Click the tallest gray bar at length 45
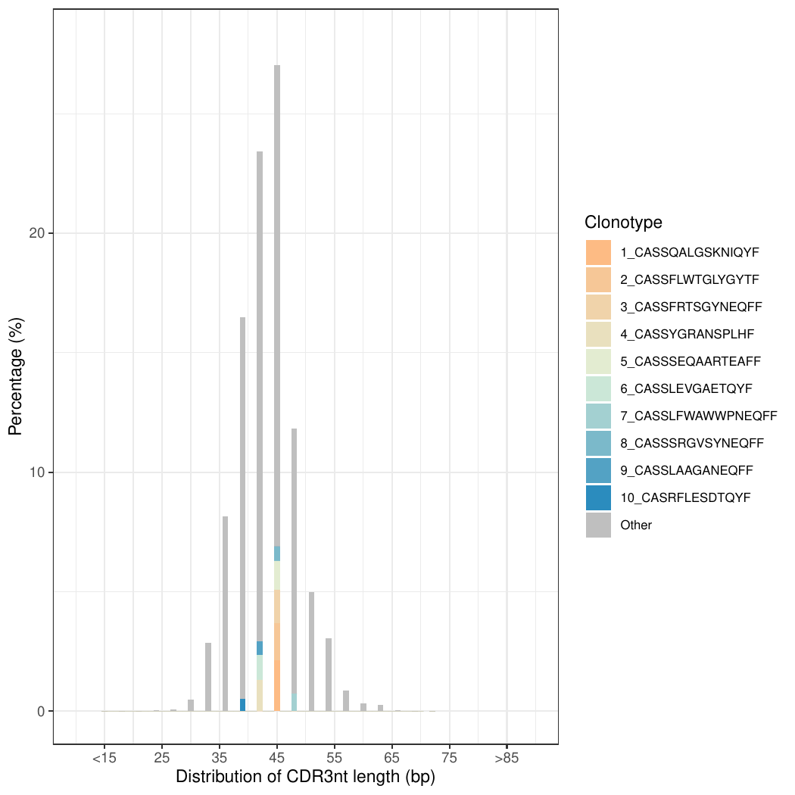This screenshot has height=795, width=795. tap(277, 303)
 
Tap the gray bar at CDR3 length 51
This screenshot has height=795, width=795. tap(311, 651)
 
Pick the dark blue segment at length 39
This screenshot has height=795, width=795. tap(242, 705)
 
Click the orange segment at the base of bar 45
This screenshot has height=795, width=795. tap(277, 685)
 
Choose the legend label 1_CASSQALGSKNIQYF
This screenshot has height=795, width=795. tap(689, 252)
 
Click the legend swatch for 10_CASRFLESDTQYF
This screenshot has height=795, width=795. tap(598, 497)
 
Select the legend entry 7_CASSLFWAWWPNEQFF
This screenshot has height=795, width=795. tap(698, 416)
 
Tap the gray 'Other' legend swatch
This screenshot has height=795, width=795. tap(598, 525)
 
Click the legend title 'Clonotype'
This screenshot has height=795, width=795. tap(623, 223)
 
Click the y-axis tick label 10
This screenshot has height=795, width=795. tap(36, 472)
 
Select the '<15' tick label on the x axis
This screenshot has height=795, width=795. tap(104, 758)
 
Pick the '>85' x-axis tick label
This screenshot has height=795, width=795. tap(507, 758)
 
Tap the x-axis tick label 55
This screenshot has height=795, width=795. tap(335, 758)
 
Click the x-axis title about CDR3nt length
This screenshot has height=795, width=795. tap(305, 777)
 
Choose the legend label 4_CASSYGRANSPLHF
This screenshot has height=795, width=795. tap(687, 334)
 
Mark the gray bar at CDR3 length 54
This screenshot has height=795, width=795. tap(329, 675)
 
